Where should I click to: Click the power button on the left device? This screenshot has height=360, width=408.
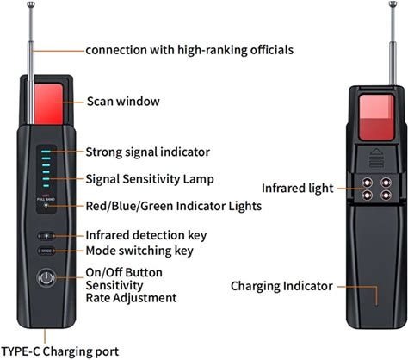[46, 277]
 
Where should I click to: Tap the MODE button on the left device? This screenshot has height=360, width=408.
[46, 251]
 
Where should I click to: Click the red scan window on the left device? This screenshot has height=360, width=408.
[48, 104]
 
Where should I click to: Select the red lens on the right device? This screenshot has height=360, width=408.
[376, 117]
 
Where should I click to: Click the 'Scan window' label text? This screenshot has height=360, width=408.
[123, 102]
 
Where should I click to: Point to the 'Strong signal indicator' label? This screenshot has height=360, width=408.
[148, 152]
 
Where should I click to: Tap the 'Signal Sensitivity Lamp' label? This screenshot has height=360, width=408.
[150, 179]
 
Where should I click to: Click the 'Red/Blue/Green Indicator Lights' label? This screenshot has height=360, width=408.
[174, 206]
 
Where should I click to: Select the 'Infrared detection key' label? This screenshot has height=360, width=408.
[146, 235]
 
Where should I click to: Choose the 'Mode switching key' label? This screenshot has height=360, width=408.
[139, 251]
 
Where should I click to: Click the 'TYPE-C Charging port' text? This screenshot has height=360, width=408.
[60, 351]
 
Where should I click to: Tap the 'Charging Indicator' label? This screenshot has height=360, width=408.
[281, 286]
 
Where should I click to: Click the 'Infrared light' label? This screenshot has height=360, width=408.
[298, 189]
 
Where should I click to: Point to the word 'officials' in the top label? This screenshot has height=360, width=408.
[272, 50]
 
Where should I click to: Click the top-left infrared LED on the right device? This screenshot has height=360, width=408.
[367, 183]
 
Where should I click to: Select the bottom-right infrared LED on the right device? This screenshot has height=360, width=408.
[386, 196]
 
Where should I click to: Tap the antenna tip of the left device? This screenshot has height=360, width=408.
[31, 4]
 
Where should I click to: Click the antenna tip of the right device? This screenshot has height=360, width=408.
[393, 3]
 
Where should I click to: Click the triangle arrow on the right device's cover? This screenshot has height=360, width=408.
[376, 151]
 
